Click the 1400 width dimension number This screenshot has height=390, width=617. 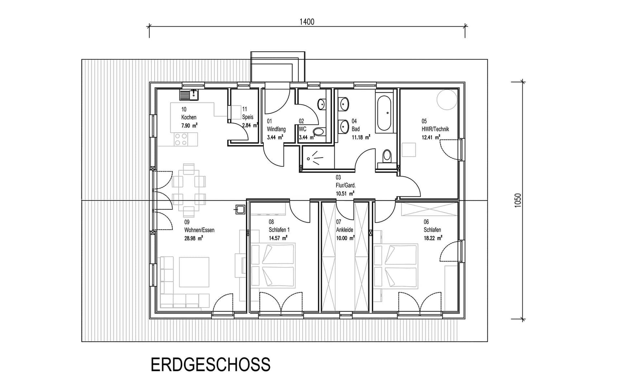[307, 22]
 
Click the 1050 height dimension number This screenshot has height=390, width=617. [518, 200]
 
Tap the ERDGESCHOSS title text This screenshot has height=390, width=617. [211, 365]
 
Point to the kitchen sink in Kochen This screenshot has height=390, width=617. [189, 95]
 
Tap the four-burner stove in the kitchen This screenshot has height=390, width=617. [181, 139]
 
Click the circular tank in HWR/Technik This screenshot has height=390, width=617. [447, 99]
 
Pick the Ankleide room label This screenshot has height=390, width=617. [344, 230]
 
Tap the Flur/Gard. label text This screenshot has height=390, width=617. [345, 185]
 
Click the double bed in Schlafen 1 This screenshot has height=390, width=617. [273, 265]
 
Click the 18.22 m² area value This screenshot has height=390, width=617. [433, 238]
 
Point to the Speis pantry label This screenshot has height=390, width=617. [248, 117]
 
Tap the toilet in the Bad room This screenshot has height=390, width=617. [387, 157]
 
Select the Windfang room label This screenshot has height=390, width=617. [276, 129]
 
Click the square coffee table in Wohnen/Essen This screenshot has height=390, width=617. [194, 272]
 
